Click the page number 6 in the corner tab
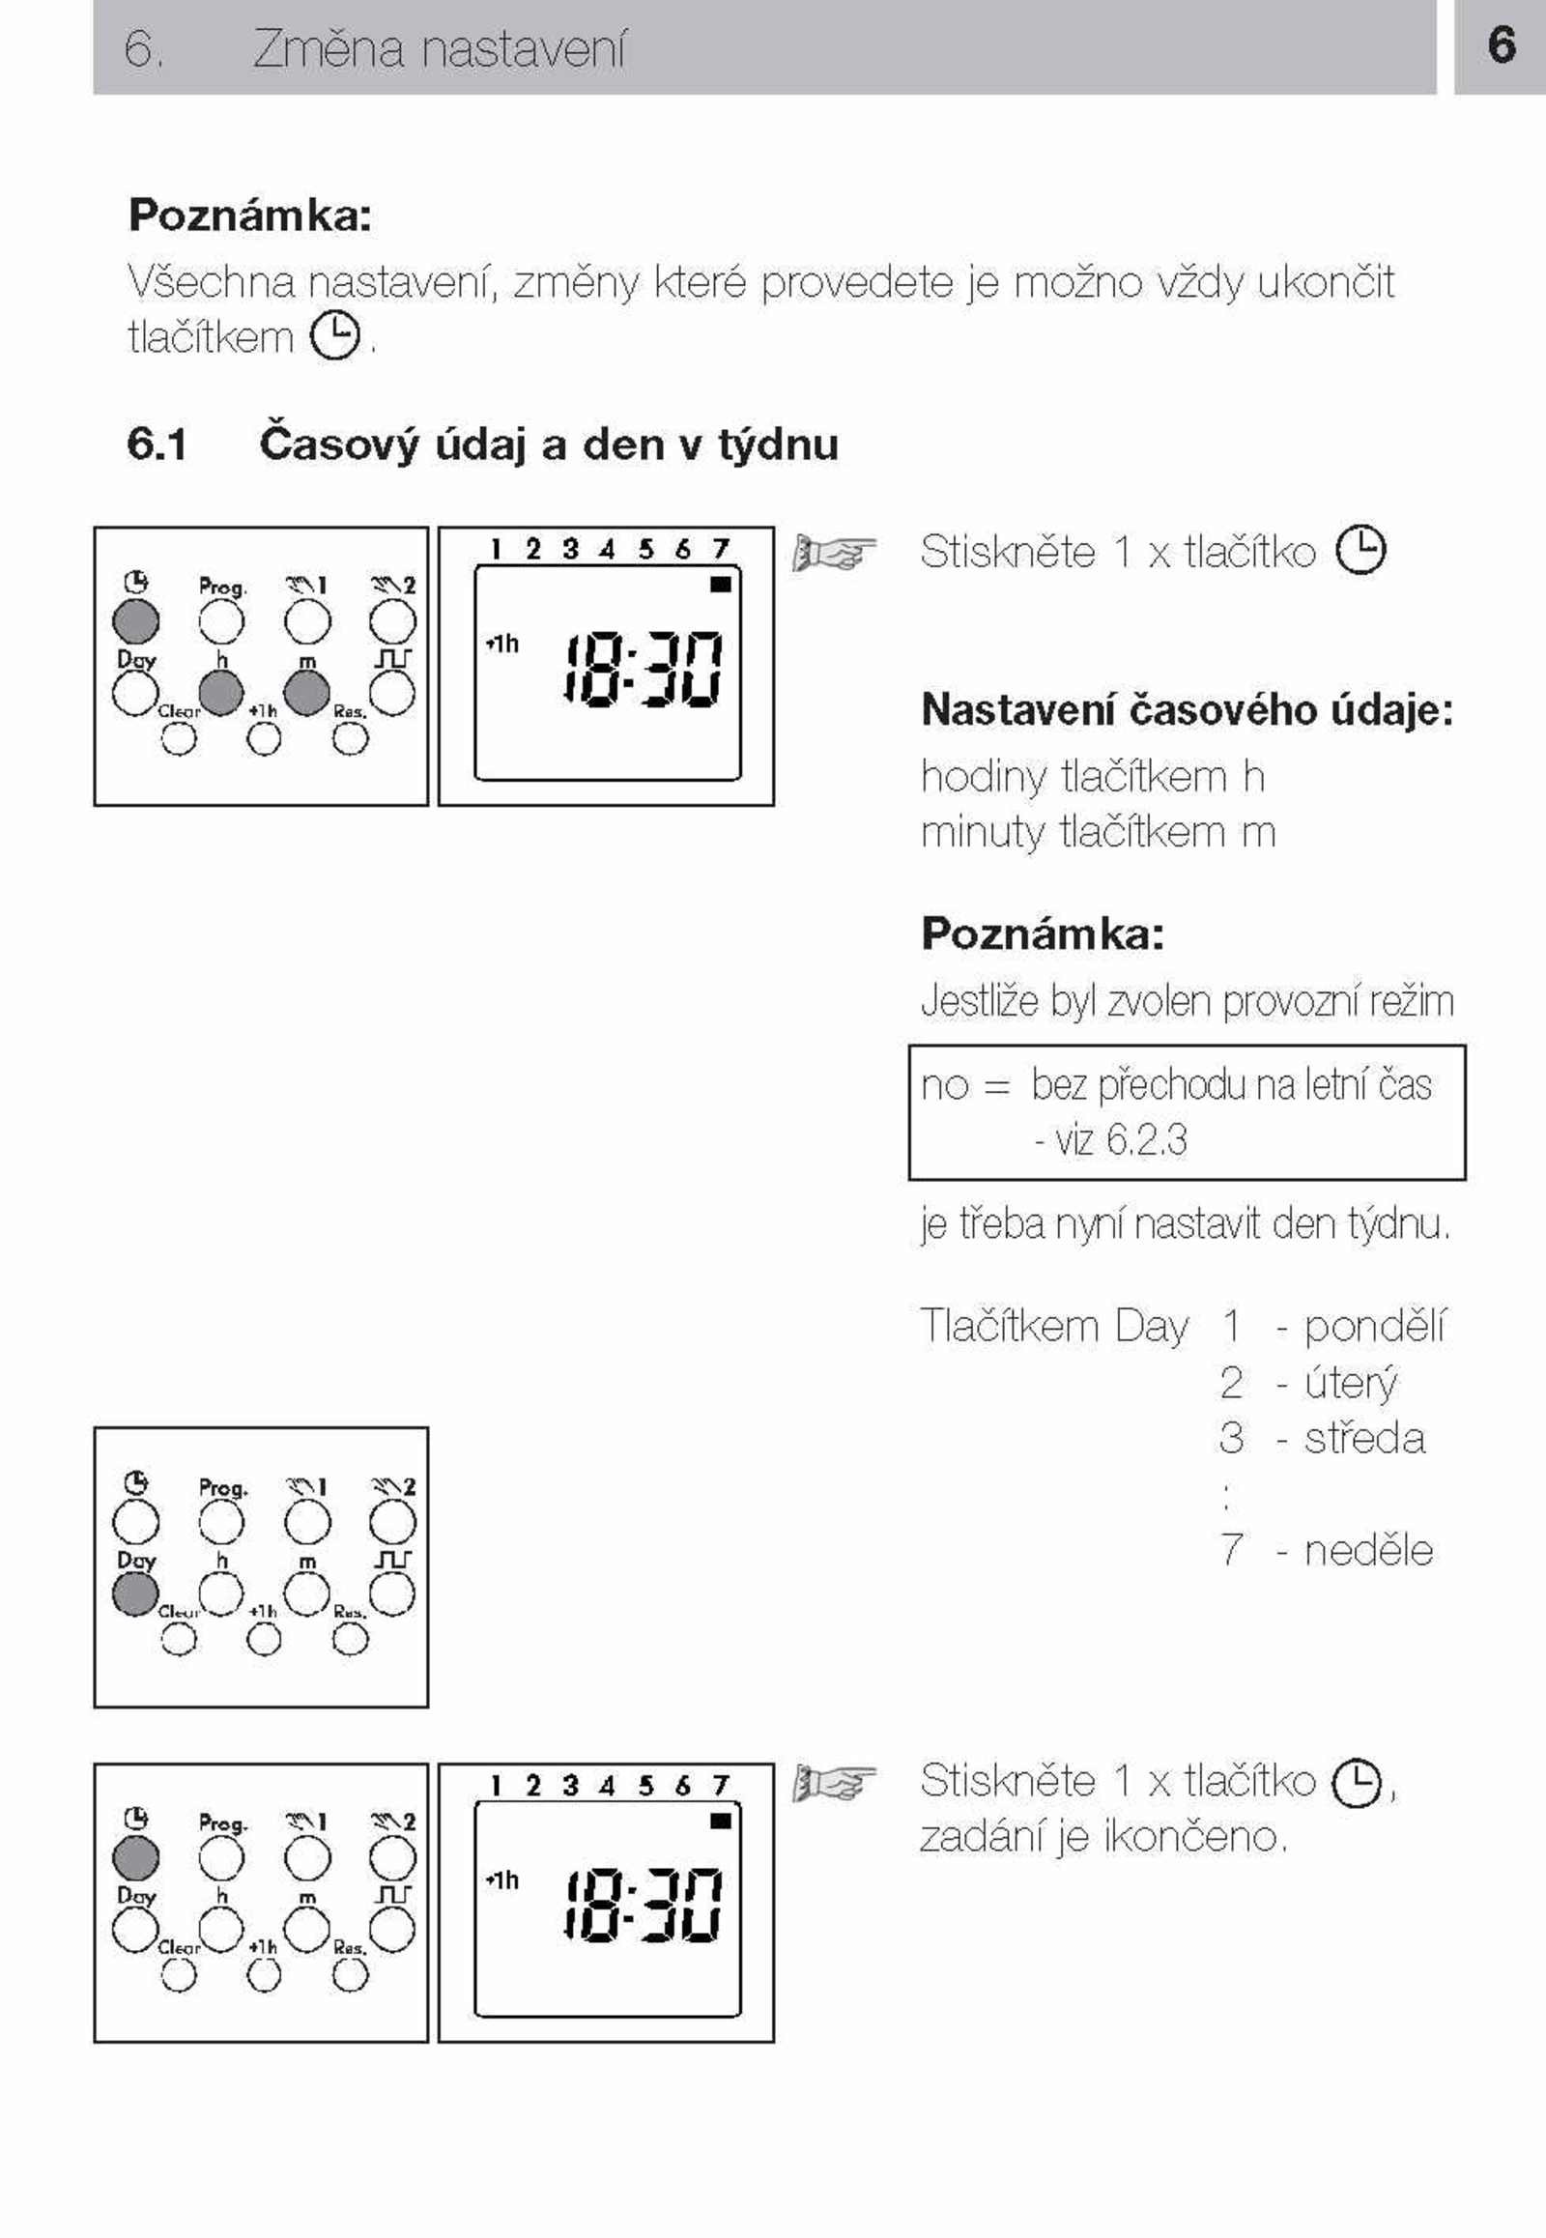[1502, 44]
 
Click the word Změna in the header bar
[329, 48]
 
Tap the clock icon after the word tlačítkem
[335, 335]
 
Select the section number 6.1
[157, 445]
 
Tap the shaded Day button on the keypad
[135, 1593]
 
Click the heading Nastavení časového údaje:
[1187, 709]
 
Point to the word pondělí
[1374, 1326]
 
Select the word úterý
[1350, 1383]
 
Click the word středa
[1364, 1438]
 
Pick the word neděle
[1368, 1550]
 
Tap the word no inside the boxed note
[944, 1086]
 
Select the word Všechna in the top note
[212, 281]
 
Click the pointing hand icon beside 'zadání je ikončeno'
[834, 1783]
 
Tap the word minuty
[984, 832]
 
